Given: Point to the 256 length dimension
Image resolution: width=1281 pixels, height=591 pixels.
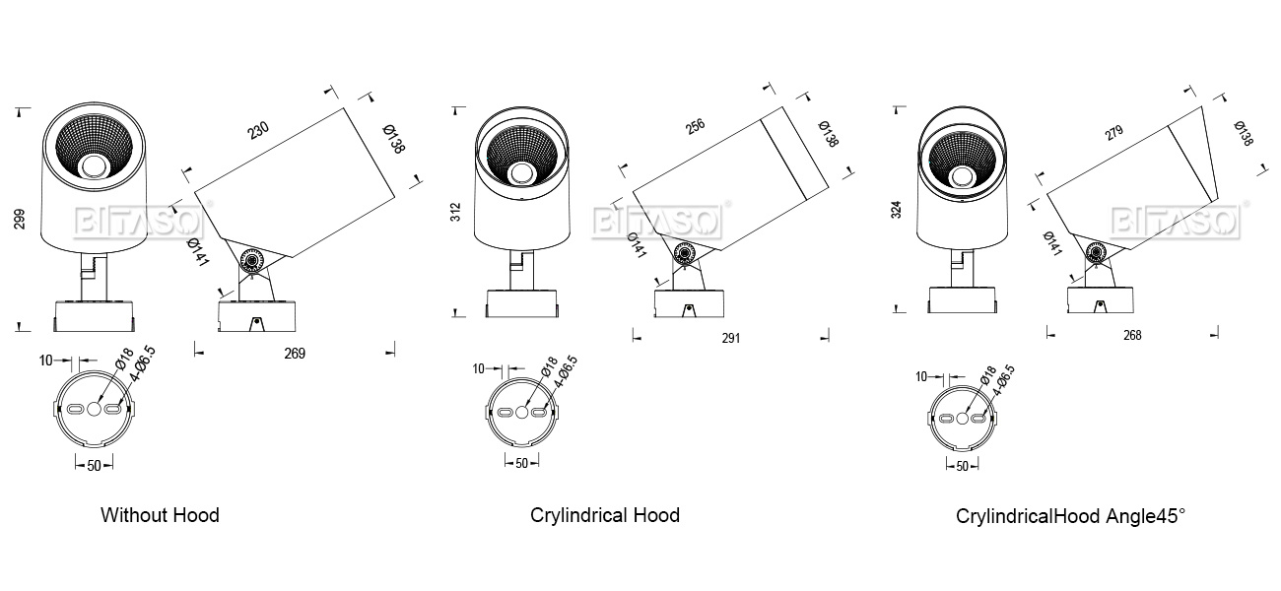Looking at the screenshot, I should pyautogui.click(x=695, y=126).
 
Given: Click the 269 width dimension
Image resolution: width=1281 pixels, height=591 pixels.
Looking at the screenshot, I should pyautogui.click(x=295, y=354).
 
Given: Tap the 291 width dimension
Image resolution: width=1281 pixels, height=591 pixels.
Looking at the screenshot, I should pyautogui.click(x=730, y=338).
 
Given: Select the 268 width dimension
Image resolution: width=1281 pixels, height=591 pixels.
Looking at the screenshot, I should pyautogui.click(x=1132, y=335).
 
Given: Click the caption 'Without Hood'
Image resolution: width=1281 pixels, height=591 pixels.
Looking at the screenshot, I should pyautogui.click(x=160, y=515).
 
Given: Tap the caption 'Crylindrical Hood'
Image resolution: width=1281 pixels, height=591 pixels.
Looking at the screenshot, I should pyautogui.click(x=604, y=515).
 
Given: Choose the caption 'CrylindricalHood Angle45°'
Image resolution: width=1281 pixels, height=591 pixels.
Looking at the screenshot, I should pyautogui.click(x=1070, y=516).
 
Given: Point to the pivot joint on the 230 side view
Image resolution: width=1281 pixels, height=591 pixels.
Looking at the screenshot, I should pyautogui.click(x=252, y=261).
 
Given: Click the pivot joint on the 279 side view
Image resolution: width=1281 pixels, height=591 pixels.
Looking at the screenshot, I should pyautogui.click(x=1096, y=254).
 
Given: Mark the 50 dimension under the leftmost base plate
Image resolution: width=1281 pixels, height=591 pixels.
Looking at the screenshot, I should pyautogui.click(x=95, y=466).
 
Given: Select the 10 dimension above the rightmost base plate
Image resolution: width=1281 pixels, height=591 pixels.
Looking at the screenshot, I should pyautogui.click(x=921, y=376).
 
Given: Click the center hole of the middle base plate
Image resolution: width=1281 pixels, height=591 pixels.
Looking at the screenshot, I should pyautogui.click(x=522, y=412).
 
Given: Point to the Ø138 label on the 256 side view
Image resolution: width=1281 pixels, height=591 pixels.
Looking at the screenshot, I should pyautogui.click(x=828, y=134).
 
